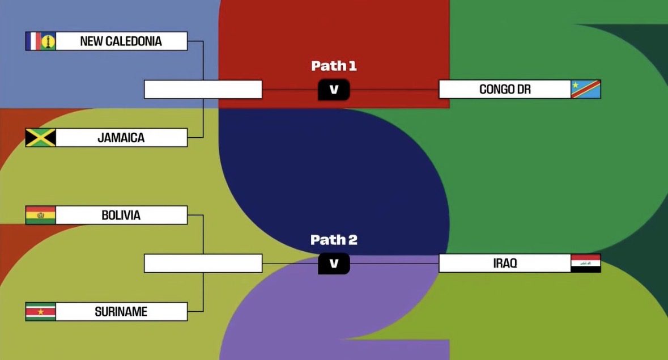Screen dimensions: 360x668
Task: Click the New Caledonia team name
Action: [x=121, y=41]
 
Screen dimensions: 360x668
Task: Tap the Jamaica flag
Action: [x=40, y=138]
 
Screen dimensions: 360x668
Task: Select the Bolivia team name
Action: [x=121, y=215]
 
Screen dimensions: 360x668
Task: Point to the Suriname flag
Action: [x=40, y=312]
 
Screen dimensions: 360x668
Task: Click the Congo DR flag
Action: [x=585, y=89]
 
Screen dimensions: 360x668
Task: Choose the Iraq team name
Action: [x=504, y=264]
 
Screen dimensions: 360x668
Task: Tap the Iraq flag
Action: [x=585, y=264]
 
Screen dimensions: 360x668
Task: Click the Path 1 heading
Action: [x=334, y=66]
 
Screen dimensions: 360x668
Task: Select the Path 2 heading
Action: [x=334, y=240]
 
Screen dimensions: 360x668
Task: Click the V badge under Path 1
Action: [x=334, y=90]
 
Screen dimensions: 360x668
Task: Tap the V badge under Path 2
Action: [x=334, y=264]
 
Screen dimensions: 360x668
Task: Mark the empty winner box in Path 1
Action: [x=203, y=90]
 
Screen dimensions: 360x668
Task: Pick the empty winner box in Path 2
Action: [x=203, y=264]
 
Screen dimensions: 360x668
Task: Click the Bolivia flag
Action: [x=40, y=215]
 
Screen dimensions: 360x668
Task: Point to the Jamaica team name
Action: [x=121, y=138]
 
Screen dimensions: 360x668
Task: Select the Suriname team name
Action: [x=121, y=312]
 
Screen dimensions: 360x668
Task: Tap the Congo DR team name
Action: [x=504, y=90]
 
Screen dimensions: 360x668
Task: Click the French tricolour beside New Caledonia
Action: [x=33, y=41]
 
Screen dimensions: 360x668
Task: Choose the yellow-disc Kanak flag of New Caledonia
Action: [x=48, y=41]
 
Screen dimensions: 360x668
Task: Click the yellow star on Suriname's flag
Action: [x=40, y=312]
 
